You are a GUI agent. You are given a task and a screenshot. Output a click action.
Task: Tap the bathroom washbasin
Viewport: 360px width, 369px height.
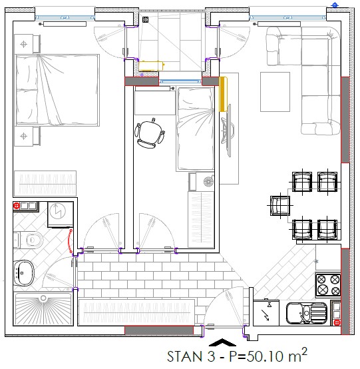(23, 273)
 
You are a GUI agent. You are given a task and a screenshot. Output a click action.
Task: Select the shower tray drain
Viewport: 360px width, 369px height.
(43, 298)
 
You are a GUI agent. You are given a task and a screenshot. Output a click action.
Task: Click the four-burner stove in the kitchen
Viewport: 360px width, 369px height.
(328, 285)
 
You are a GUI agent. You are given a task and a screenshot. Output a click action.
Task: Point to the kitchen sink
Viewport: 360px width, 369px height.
(307, 313)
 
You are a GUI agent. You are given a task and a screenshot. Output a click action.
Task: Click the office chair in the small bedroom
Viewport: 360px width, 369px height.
(150, 133)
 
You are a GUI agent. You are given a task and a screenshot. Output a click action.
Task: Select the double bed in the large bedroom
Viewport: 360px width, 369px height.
(57, 90)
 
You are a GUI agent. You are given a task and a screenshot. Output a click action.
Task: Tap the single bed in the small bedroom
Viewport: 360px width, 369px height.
(196, 129)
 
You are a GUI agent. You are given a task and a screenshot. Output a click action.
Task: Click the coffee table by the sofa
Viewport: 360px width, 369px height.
(275, 92)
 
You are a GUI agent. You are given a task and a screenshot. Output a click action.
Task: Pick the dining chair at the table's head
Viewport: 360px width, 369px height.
(280, 205)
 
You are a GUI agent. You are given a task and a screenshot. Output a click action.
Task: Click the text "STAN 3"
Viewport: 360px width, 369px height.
(191, 356)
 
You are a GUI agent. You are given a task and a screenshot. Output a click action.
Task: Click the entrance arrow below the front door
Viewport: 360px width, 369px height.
(222, 342)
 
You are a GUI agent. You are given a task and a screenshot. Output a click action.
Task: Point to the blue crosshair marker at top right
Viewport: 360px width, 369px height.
(335, 5)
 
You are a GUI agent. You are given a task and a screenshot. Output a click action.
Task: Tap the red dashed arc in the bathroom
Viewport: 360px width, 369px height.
(69, 240)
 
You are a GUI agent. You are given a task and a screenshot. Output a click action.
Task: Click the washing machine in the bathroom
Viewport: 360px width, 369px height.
(61, 214)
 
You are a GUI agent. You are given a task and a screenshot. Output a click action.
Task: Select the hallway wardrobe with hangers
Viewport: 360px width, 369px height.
(136, 312)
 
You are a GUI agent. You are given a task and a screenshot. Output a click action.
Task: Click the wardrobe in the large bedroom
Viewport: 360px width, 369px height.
(45, 184)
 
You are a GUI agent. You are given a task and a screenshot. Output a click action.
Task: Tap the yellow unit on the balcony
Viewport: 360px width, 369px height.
(152, 66)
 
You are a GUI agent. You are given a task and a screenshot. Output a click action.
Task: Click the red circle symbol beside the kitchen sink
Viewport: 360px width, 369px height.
(337, 322)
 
